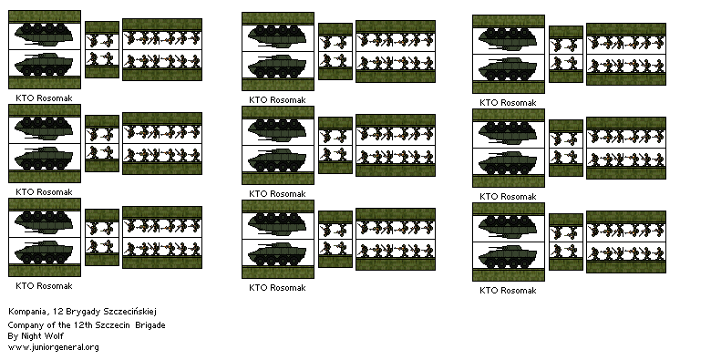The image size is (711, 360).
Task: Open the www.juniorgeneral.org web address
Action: tap(53, 347)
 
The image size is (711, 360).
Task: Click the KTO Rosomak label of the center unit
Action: tap(277, 193)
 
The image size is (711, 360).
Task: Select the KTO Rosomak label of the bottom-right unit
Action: tap(510, 289)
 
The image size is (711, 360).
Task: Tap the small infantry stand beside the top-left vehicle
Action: tap(102, 50)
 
